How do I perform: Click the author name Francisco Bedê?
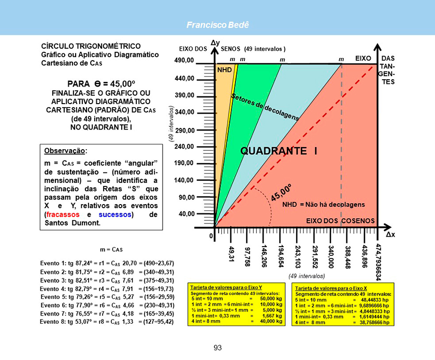(217, 25)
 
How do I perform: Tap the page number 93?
(218, 347)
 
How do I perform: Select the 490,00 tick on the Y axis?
(184, 61)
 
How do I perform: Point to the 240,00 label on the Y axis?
(184, 147)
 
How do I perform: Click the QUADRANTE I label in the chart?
(279, 151)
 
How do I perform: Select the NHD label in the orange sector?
(224, 69)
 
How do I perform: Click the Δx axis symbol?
(390, 234)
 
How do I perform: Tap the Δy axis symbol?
(215, 42)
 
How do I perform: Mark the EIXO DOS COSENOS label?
(340, 221)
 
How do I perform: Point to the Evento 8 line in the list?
(107, 321)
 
